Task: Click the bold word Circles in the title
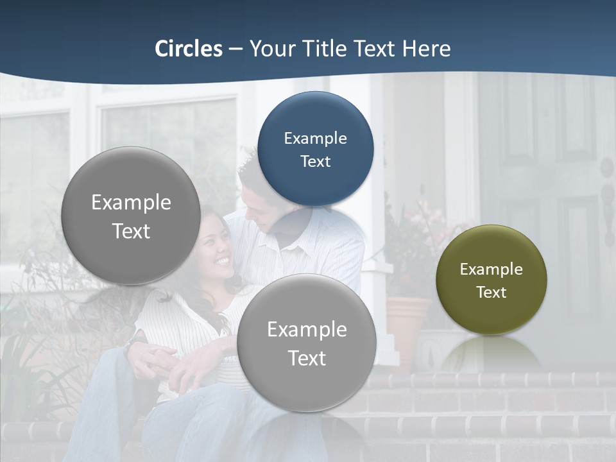(x=188, y=49)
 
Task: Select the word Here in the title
(x=426, y=49)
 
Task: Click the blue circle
(x=315, y=149)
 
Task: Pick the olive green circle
(x=491, y=280)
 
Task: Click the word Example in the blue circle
(x=315, y=138)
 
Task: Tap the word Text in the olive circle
(x=491, y=293)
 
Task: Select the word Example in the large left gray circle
(x=131, y=203)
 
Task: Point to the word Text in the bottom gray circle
(x=307, y=358)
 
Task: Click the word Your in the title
(x=269, y=49)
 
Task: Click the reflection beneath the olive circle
(x=491, y=353)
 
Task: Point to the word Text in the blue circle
(x=315, y=162)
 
